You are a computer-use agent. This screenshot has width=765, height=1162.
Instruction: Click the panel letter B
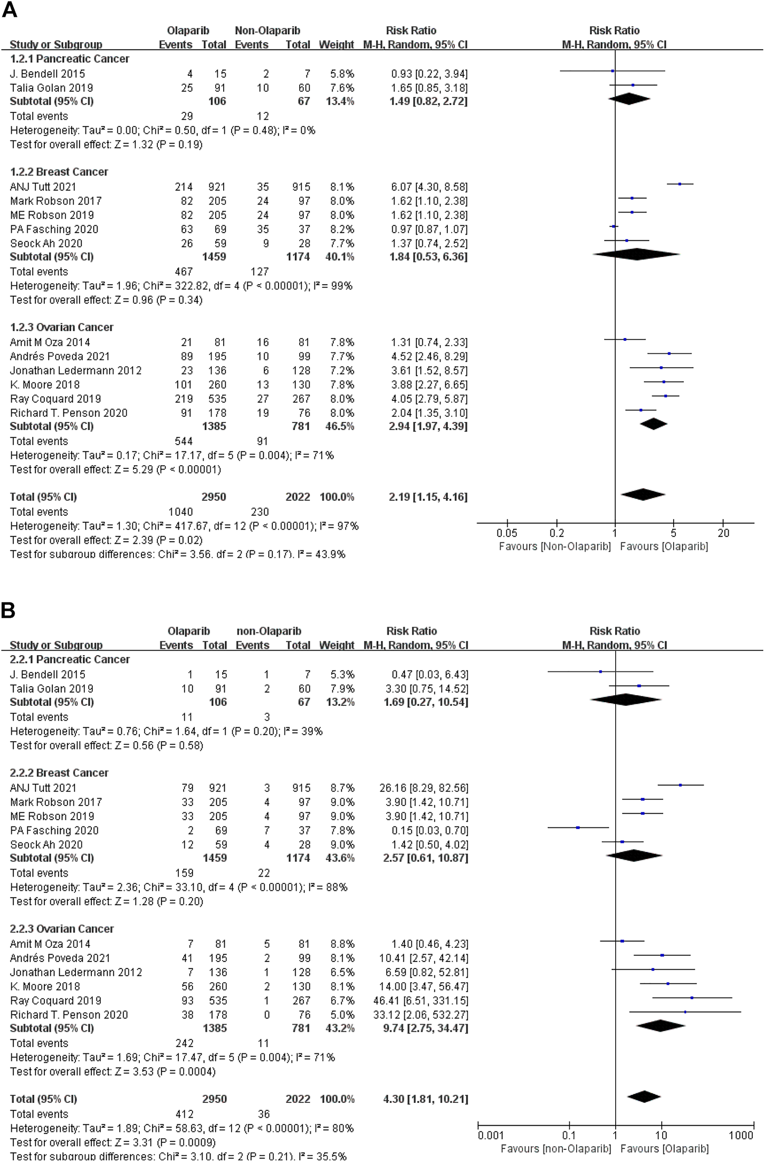tap(8, 610)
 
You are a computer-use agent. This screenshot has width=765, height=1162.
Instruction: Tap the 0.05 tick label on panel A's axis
tap(506, 533)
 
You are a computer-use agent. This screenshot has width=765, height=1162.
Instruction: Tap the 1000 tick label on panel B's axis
tap(741, 1135)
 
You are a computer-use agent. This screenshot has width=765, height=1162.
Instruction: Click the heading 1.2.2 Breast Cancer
tap(59, 172)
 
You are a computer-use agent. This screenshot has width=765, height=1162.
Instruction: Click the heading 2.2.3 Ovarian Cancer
tap(62, 929)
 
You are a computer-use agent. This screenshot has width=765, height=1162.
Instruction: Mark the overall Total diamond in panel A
tap(643, 495)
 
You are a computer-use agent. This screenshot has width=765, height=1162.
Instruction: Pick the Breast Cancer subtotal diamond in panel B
tap(634, 856)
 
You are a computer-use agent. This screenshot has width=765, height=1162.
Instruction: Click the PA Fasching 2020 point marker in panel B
tap(578, 828)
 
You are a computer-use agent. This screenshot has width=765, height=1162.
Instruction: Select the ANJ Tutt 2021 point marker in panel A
tap(680, 184)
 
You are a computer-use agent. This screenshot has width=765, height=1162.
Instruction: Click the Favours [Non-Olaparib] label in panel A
tap(554, 546)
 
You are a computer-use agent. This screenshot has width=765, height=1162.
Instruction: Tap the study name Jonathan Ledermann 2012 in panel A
tap(76, 371)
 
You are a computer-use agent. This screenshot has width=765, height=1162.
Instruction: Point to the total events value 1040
tap(180, 512)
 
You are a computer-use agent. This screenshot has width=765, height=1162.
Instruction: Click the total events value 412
tap(184, 1114)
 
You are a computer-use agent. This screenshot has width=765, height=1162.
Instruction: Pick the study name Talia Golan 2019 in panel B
tap(52, 689)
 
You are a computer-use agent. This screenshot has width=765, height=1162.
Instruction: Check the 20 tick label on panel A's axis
tap(723, 533)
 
